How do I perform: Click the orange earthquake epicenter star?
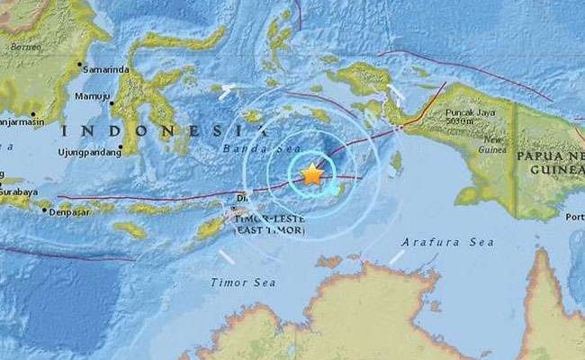coord(311,174)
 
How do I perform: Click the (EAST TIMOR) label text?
coord(269,231)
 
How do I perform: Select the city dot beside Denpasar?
coord(46,210)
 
